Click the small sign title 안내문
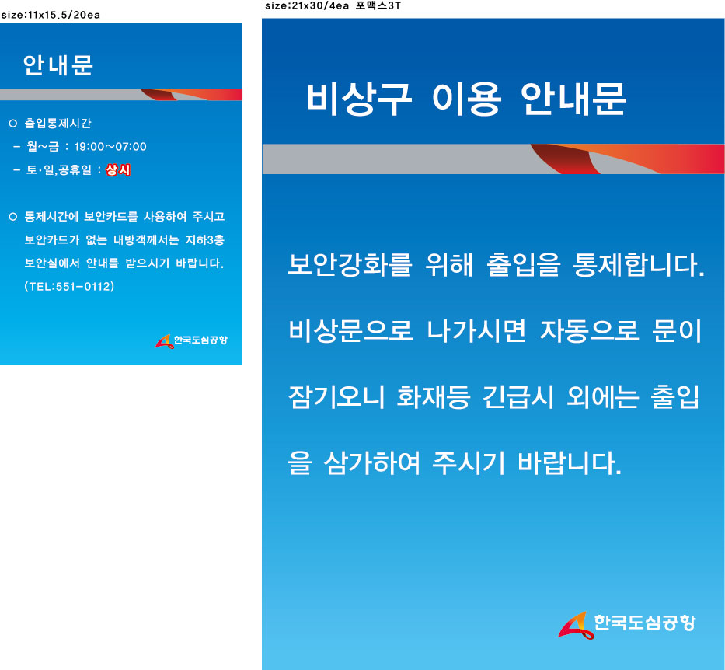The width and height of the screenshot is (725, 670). [x=58, y=65]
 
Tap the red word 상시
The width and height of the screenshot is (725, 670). [x=118, y=170]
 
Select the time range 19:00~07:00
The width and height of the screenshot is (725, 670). [x=110, y=147]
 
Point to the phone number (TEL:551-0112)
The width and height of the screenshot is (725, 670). [x=69, y=286]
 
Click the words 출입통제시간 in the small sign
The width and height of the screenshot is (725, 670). [x=58, y=123]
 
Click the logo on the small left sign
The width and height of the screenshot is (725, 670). [x=191, y=340]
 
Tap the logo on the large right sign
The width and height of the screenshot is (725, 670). [x=627, y=625]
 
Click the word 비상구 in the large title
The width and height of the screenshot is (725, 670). [x=359, y=99]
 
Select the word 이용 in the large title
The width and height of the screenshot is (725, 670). [x=466, y=99]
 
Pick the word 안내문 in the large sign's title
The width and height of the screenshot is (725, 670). [x=573, y=99]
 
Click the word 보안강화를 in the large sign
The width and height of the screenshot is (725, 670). [x=350, y=264]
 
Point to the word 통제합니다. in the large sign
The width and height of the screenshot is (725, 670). [x=639, y=264]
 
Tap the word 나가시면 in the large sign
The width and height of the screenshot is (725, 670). [x=476, y=330]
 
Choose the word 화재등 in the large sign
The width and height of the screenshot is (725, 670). [x=434, y=396]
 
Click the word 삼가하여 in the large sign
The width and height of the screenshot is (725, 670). [x=371, y=462]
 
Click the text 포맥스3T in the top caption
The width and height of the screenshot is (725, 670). [x=378, y=5]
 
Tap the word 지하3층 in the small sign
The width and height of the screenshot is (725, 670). [x=205, y=239]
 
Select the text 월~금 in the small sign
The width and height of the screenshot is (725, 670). [x=43, y=147]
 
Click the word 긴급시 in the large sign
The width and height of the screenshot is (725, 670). [x=518, y=396]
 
